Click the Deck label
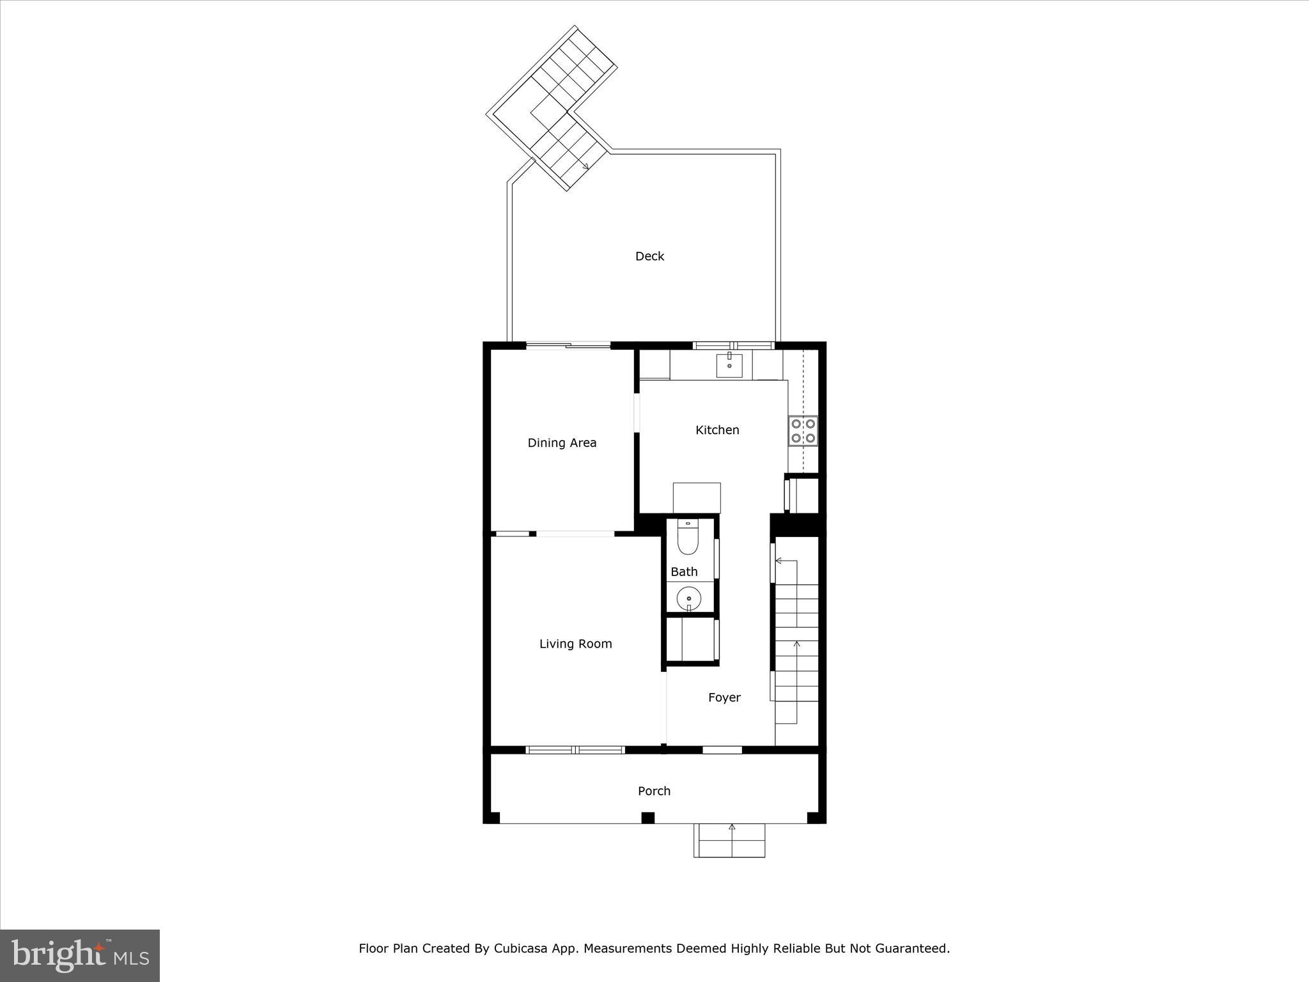point(649,256)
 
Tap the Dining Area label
point(562,442)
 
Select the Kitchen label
point(717,430)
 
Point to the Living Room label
point(575,644)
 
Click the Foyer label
point(724,698)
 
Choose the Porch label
point(654,791)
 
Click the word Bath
point(684,572)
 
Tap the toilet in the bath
point(688,538)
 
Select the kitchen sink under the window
point(729,365)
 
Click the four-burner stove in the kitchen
point(803,430)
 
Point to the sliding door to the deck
point(568,346)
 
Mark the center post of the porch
point(648,818)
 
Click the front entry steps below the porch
point(729,840)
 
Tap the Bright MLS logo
point(80,956)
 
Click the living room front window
point(575,749)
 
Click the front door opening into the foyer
point(722,749)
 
